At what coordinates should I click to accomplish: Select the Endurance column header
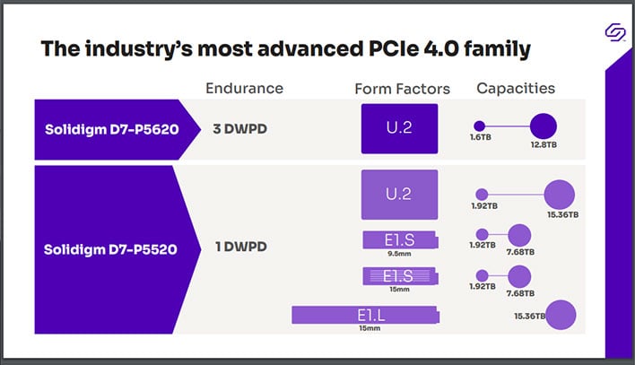tap(244, 89)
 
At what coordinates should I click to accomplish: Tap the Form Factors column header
tap(402, 89)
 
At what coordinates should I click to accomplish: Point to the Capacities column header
tap(515, 88)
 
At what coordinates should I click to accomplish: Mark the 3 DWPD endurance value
tap(240, 128)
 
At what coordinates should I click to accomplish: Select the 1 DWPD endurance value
tap(240, 247)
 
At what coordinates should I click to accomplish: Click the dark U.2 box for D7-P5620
tap(399, 127)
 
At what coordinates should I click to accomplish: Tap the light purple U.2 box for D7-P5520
tap(399, 195)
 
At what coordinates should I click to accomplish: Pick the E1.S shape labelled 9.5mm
tap(399, 239)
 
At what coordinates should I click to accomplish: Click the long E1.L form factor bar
tap(366, 315)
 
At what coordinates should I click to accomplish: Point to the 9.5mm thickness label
tap(399, 254)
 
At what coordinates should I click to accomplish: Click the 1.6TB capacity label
tap(479, 142)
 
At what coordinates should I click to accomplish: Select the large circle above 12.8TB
tap(544, 126)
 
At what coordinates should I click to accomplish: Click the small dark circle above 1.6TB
tap(479, 126)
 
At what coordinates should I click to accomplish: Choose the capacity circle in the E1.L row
tap(561, 315)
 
